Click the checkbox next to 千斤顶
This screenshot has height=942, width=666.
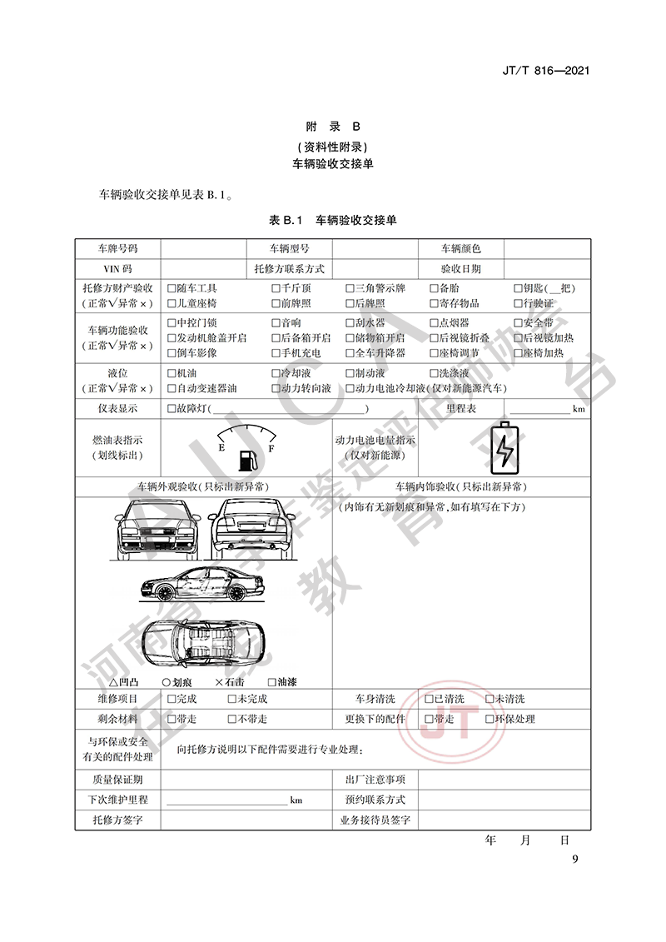tap(276, 289)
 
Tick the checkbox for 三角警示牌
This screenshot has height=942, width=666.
tap(350, 289)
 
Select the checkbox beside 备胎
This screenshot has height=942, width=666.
tap(434, 289)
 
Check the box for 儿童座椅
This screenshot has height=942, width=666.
tap(171, 303)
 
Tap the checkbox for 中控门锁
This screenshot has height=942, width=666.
tap(171, 323)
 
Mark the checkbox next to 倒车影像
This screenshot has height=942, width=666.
tap(171, 353)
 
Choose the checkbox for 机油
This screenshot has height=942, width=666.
tap(171, 374)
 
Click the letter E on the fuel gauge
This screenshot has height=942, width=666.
tap(221, 448)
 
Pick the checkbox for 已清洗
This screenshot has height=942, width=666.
tap(429, 699)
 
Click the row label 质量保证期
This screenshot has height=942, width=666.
tap(117, 780)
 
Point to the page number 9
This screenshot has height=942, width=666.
tap(574, 860)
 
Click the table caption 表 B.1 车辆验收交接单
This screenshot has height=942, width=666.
tap(332, 221)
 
